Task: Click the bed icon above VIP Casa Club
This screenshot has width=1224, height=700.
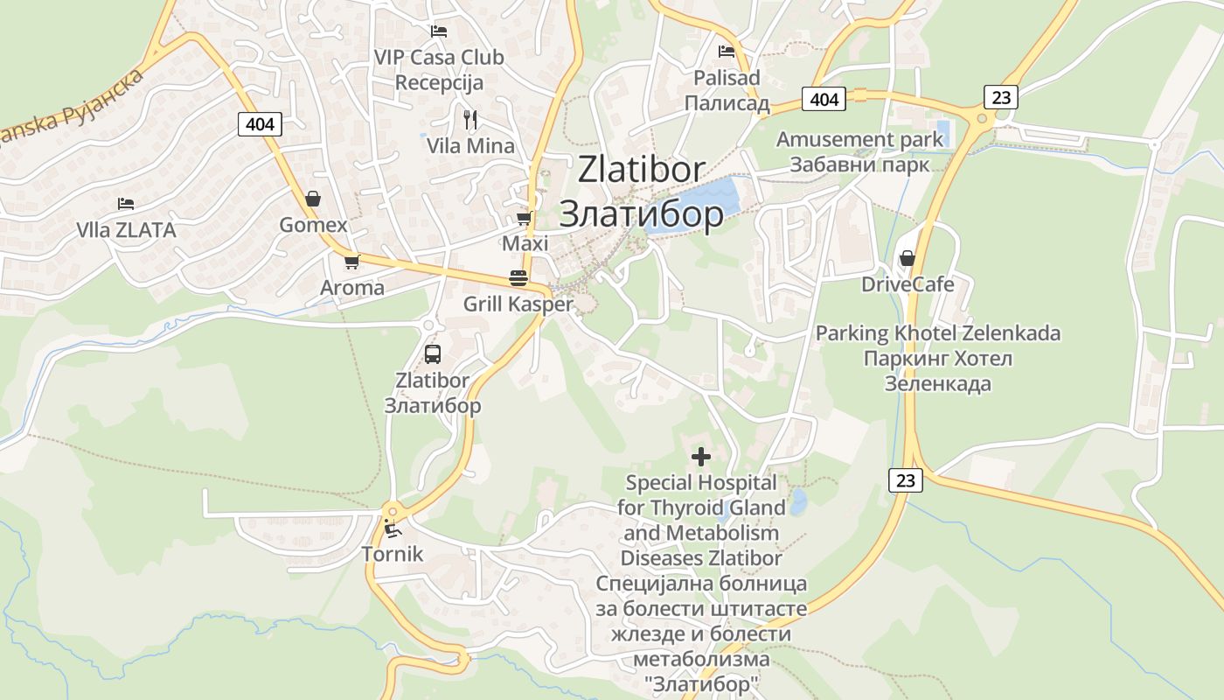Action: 439,31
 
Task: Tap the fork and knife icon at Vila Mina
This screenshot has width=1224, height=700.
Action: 470,120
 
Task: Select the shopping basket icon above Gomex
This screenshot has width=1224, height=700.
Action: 313,199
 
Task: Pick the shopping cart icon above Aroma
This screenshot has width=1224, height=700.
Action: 351,262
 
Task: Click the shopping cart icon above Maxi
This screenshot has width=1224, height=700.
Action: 524,217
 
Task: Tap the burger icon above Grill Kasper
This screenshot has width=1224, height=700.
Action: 518,278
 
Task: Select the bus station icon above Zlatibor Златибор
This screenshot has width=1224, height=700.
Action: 433,354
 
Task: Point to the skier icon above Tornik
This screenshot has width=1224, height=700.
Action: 393,528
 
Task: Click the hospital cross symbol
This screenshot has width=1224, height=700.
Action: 700,456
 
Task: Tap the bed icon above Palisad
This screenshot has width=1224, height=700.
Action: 726,51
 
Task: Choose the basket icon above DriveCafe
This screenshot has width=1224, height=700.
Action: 908,258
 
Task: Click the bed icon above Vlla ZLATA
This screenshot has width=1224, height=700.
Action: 126,204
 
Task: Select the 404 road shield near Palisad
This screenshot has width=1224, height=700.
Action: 824,99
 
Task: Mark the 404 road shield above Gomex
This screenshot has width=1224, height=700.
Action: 260,124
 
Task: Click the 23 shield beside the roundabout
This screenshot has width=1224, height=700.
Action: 1001,96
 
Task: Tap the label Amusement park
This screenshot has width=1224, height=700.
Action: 859,139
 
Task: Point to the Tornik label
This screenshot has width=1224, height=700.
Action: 393,554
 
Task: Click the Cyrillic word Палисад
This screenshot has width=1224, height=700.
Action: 727,104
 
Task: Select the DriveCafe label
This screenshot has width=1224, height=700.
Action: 908,284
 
